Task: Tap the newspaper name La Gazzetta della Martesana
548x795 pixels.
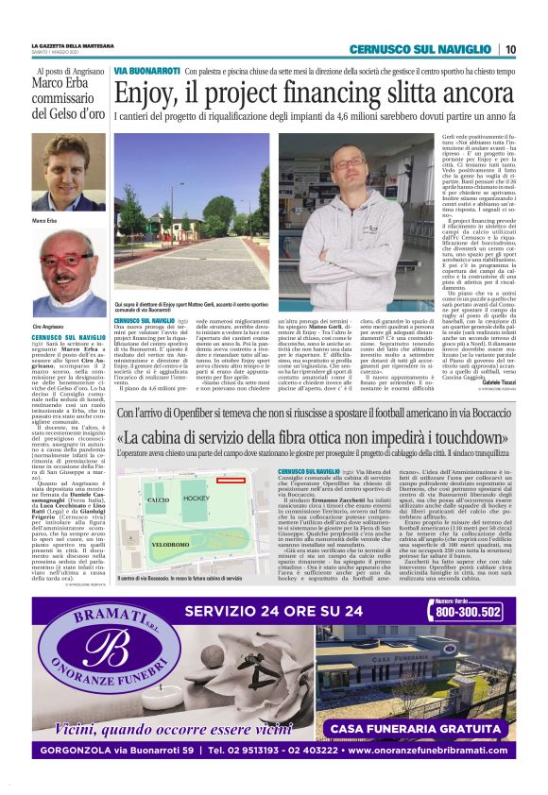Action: (73, 46)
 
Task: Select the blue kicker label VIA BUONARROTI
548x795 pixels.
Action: (146, 71)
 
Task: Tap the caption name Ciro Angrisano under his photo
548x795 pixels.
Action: (48, 325)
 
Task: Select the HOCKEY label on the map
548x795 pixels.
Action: (196, 498)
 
